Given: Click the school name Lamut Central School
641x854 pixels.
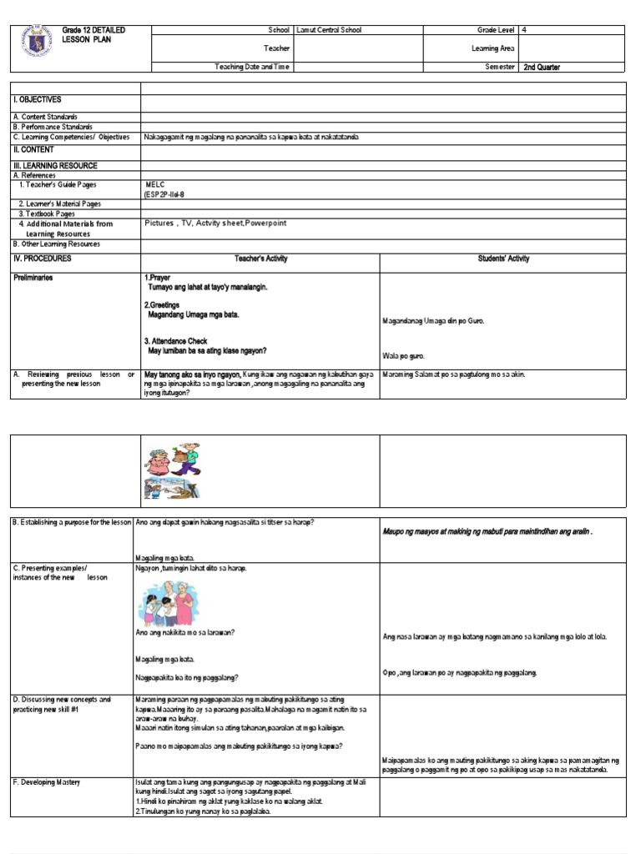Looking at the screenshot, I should pos(332,30).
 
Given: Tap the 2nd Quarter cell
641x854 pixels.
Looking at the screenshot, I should pos(542,67).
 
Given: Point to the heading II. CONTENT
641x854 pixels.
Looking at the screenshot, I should pos(33,149).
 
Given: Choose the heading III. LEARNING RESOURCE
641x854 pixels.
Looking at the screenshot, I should pos(54,166).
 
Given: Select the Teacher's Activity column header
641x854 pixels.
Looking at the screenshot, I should pos(260,259).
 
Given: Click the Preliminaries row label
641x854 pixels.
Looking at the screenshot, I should pos(33,278).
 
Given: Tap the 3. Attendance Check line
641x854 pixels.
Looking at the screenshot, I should pos(176,341).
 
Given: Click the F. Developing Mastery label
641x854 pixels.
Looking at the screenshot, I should pos(48,782).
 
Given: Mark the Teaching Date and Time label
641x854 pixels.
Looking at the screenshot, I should pos(252,67).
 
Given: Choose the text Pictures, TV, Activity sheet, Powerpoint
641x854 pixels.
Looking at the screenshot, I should pos(215,224).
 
